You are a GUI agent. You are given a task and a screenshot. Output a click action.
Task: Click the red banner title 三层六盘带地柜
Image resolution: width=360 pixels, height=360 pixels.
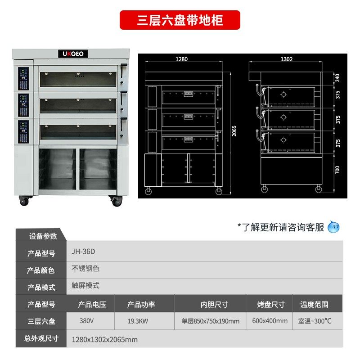[180, 20]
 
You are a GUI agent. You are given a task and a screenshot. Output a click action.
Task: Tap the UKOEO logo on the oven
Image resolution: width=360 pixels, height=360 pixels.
[74, 54]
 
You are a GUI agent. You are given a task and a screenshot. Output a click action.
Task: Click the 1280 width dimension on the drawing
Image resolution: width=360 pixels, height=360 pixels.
[181, 59]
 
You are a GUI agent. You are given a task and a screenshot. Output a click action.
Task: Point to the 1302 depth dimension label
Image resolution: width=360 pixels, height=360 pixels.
[287, 59]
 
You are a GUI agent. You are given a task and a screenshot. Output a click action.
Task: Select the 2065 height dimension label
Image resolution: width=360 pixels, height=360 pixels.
[234, 130]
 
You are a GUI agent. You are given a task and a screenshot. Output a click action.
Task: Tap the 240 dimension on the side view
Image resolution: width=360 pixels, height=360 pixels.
[338, 78]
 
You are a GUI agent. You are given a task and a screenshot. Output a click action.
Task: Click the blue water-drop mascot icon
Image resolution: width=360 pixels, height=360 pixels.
[333, 227]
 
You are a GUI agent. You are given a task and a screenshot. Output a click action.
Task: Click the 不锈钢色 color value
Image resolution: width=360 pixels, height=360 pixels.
[85, 269]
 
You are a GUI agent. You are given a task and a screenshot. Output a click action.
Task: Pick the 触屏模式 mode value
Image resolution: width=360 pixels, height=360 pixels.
[85, 286]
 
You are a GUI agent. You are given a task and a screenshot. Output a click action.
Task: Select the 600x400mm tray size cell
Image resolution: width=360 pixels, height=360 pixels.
[270, 321]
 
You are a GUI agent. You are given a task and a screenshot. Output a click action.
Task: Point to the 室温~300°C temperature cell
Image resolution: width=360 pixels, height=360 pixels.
[315, 321]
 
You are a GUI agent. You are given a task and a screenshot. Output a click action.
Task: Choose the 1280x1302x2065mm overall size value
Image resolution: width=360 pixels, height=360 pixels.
[105, 339]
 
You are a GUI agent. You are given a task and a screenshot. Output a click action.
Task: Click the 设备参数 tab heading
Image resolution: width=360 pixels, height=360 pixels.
[43, 236]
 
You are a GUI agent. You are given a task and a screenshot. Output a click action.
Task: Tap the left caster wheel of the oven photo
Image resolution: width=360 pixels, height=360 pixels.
[23, 201]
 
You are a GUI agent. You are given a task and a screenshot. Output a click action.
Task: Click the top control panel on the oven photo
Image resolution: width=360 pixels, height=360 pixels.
[23, 79]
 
